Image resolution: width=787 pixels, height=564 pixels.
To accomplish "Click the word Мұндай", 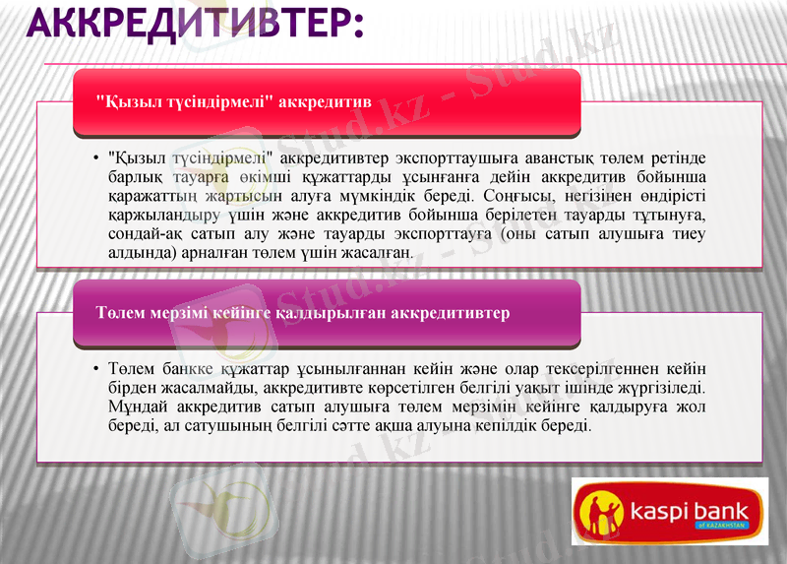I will [x=135, y=407].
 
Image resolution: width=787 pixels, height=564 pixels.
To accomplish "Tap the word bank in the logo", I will [x=725, y=511].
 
